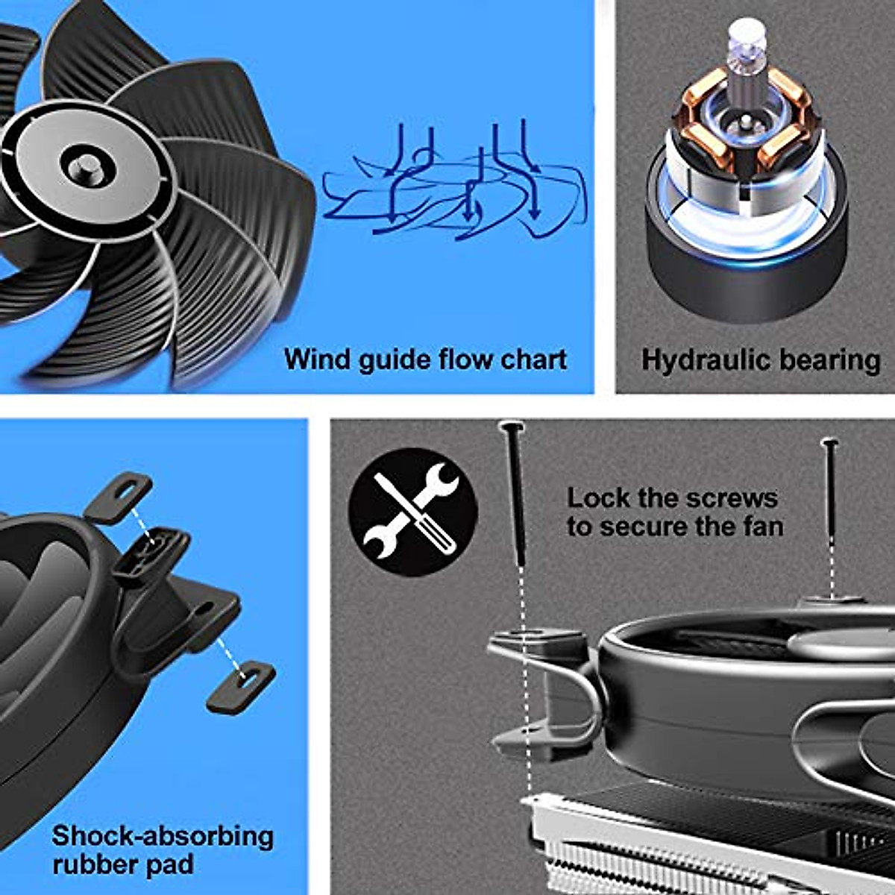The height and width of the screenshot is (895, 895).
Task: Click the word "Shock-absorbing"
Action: click(163, 836)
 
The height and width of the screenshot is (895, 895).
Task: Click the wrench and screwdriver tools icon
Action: click(412, 512)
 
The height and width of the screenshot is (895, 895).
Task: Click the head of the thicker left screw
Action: click(512, 427)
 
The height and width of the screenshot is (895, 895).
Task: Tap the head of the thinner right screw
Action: click(829, 444)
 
